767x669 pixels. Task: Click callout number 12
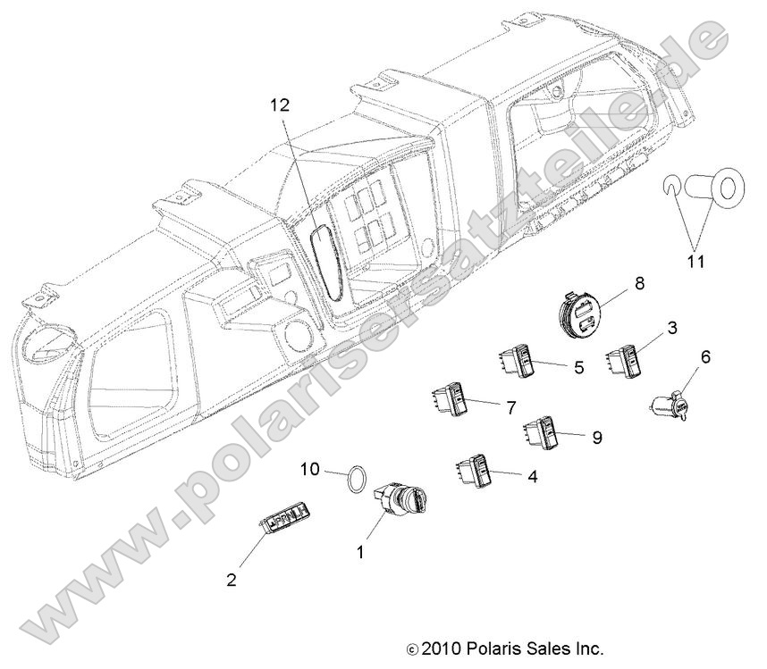[x=280, y=105]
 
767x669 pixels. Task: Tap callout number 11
[x=695, y=262]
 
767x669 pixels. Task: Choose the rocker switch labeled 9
[x=544, y=431]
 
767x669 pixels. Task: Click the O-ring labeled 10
[x=357, y=480]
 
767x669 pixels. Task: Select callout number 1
[x=361, y=553]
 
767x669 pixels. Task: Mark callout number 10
[x=308, y=469]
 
